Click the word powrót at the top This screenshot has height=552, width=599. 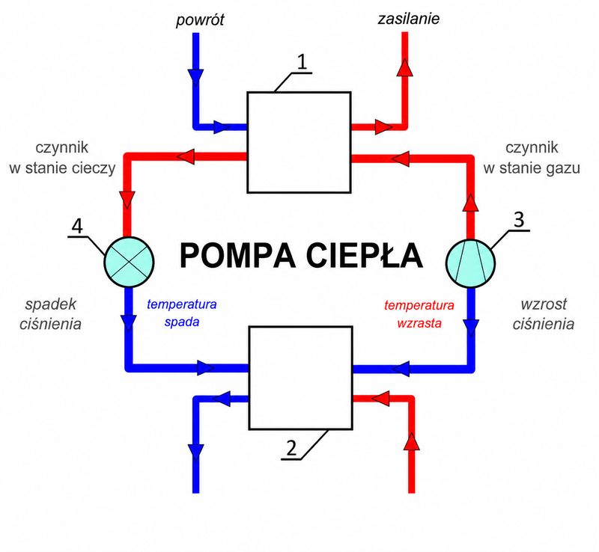point(200,20)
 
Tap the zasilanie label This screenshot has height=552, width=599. point(409,19)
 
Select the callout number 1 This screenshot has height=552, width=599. point(302,61)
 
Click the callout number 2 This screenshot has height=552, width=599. point(291,448)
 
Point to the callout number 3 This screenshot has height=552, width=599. point(518,220)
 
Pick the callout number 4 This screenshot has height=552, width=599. point(77,227)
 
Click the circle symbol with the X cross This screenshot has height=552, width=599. point(129,262)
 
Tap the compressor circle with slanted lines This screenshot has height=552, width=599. point(470,263)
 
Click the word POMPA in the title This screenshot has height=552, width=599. point(237,256)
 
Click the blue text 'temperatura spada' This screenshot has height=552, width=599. point(182,313)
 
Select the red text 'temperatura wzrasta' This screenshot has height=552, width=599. point(419,314)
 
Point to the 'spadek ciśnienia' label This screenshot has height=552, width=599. point(50,314)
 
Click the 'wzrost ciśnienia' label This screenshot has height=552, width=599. point(544,314)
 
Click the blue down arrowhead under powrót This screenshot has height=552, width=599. point(195,78)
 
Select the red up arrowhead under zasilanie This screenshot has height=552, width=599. point(405,67)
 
